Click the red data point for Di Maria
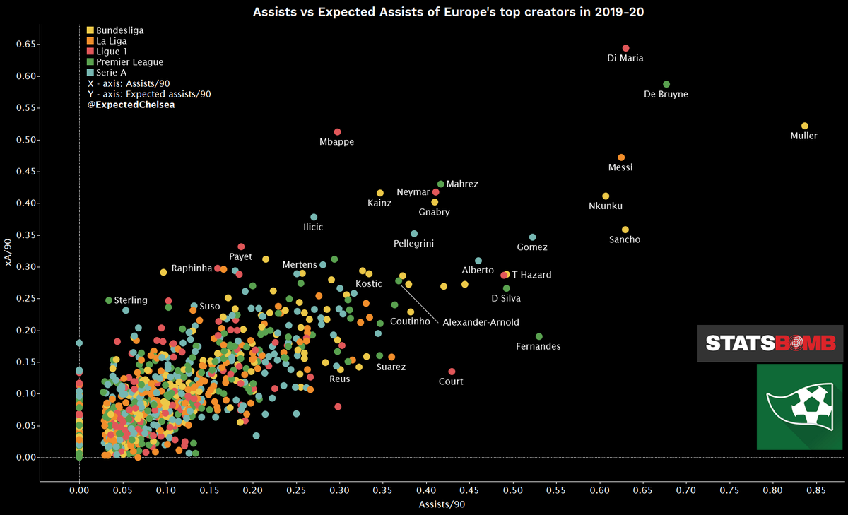point(625,48)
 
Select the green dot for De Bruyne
point(666,84)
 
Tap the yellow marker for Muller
point(804,126)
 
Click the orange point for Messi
point(621,158)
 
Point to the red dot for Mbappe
point(337,132)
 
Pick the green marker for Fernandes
point(539,336)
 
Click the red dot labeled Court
point(452,372)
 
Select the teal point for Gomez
point(532,237)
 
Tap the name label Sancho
point(625,240)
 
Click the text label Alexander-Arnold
point(481,323)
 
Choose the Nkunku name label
point(606,206)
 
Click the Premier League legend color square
point(90,62)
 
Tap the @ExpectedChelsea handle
point(131,105)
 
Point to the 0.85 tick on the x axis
point(816,489)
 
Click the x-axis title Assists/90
point(442,504)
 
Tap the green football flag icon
point(799,407)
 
